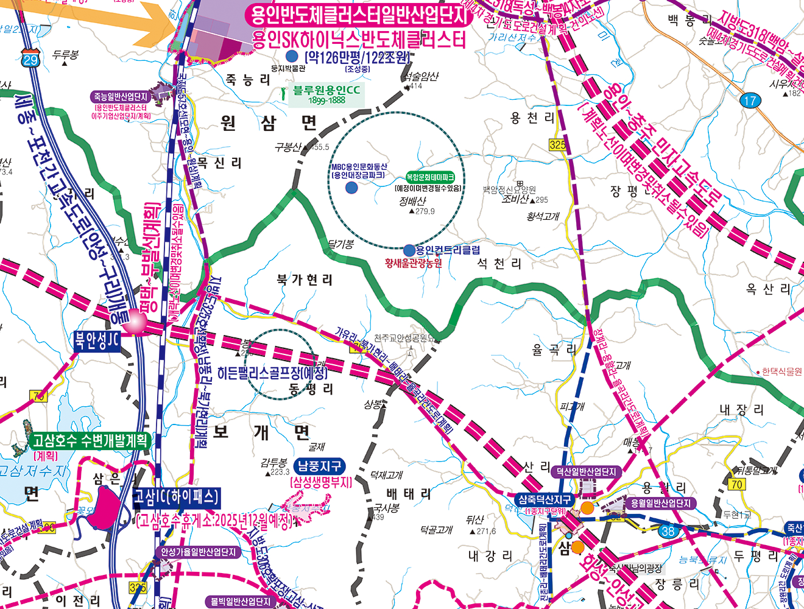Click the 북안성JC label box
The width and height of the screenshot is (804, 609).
point(97,340)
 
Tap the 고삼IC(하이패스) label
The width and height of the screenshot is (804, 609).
point(176,498)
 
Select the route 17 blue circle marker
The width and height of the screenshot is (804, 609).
point(750,100)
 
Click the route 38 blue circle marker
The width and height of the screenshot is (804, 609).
point(669,530)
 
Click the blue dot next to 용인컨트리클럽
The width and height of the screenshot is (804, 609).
point(409,250)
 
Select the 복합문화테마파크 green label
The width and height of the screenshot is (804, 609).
point(430,177)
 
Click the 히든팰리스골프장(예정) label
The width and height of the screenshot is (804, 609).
point(272,373)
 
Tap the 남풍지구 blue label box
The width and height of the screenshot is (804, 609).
point(319,466)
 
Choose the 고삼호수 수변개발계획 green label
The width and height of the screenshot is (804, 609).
point(90,440)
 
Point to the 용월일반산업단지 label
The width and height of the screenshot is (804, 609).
point(660,504)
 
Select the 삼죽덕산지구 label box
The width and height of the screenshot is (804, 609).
point(545,499)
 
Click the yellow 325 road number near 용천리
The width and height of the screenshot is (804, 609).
point(557,144)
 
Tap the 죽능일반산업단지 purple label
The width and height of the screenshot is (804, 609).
point(121,96)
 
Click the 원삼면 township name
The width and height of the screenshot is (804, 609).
point(269,124)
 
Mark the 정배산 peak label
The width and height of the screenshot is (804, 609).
point(412,201)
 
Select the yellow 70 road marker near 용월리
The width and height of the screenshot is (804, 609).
point(736,484)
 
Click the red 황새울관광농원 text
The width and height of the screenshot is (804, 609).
point(414,263)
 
